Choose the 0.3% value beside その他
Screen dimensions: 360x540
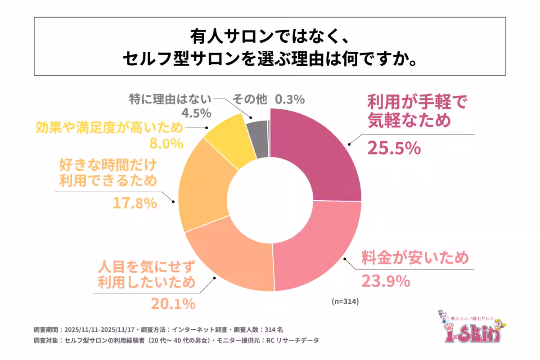pos(290,99)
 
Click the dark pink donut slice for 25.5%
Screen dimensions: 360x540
pos(319,153)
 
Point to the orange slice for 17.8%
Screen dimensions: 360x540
pos(202,193)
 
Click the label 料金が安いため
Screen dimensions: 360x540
pos(415,258)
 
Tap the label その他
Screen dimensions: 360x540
pos(250,99)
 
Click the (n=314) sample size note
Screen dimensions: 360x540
pos(345,301)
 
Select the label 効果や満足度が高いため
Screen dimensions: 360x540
pos(109,128)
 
